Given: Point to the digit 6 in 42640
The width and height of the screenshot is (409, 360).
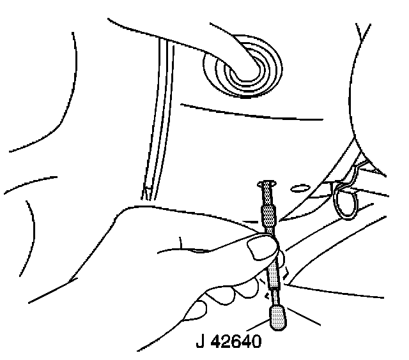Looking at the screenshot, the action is (237, 343).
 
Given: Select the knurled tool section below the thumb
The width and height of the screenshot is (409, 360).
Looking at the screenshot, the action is (274, 275).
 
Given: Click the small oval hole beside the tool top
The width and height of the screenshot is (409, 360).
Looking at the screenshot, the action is (298, 188).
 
